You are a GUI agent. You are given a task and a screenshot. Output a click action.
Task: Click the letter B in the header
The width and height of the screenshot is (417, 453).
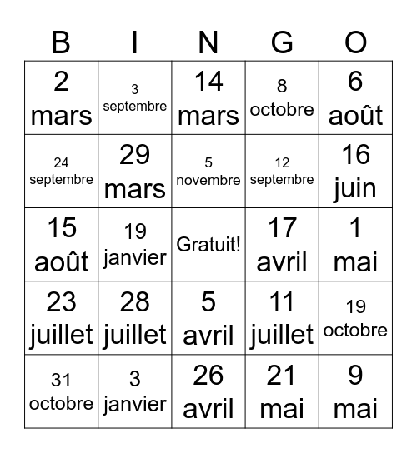(x=61, y=42)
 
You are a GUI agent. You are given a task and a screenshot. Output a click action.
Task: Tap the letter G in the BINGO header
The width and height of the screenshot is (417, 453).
(x=282, y=42)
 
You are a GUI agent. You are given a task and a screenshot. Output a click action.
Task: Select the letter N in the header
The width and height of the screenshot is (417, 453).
(x=208, y=42)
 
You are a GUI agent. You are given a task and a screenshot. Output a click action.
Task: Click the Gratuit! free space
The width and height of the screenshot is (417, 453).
(x=208, y=244)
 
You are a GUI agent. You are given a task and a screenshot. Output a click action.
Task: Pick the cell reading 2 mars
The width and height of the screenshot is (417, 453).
(x=61, y=98)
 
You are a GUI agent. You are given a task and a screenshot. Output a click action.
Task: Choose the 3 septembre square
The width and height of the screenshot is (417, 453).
(x=135, y=98)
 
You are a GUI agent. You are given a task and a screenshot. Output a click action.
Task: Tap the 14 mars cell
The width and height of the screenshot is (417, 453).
(x=208, y=98)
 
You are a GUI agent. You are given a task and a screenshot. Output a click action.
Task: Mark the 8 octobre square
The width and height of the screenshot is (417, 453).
(x=282, y=98)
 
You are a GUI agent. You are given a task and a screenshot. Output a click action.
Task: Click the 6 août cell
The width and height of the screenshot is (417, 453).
(x=355, y=98)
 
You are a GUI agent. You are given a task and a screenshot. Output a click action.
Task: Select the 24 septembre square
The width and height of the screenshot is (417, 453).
(x=61, y=171)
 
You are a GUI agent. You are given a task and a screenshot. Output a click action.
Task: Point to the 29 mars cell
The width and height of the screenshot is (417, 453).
(x=135, y=171)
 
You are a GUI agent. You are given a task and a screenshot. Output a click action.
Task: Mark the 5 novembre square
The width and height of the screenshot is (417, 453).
(x=208, y=171)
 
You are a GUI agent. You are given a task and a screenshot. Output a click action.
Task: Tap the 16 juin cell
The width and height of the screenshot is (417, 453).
(x=355, y=171)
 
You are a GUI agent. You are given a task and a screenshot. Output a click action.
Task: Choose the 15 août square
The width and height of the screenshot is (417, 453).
(x=61, y=244)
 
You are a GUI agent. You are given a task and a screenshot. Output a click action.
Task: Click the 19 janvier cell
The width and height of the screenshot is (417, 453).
(x=135, y=244)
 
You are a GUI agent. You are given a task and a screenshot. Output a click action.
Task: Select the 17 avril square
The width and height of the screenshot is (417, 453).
(x=282, y=244)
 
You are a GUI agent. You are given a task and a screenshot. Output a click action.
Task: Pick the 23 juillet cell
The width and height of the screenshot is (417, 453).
(x=61, y=317)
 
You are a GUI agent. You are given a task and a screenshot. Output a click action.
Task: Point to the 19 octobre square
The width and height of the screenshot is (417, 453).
(x=355, y=317)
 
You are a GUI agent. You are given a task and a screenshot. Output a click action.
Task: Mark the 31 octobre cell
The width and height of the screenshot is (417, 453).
(x=61, y=391)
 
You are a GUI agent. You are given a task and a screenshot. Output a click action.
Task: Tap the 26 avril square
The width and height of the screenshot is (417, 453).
(x=208, y=391)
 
